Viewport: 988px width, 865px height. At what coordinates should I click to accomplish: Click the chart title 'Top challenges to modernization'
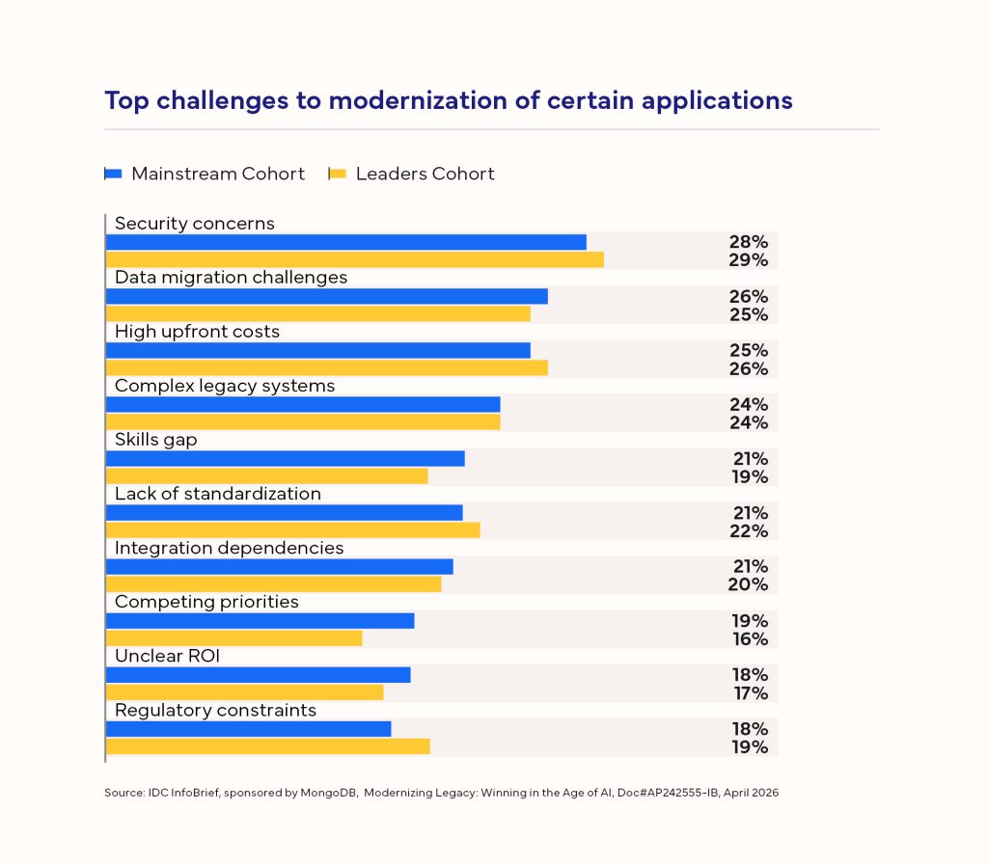coord(448,100)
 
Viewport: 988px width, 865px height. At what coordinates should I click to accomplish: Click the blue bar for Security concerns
coord(345,242)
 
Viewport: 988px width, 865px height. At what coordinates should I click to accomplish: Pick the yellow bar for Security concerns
coord(354,259)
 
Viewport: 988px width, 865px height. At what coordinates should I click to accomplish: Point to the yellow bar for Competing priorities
coord(233,638)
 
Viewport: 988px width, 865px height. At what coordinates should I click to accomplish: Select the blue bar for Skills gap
coord(285,458)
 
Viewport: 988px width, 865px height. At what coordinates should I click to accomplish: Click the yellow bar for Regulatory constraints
coord(267,746)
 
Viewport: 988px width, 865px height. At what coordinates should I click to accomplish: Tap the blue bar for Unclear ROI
coord(258,674)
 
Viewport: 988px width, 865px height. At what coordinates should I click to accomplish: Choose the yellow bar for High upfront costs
coord(326,367)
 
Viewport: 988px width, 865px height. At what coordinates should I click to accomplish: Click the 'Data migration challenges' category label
coord(231,278)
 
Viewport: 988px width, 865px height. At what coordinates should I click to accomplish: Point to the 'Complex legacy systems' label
coord(225,386)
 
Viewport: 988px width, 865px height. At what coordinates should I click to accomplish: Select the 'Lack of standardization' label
coord(218,494)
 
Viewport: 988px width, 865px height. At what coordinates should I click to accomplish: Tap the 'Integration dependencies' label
coord(230,548)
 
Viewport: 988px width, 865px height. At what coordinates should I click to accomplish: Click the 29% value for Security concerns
coord(749,260)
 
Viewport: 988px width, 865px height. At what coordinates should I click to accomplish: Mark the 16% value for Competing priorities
coord(749,639)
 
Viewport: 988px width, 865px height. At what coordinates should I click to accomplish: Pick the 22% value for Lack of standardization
coord(749,531)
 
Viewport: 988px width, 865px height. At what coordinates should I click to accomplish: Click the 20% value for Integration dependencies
coord(749,585)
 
